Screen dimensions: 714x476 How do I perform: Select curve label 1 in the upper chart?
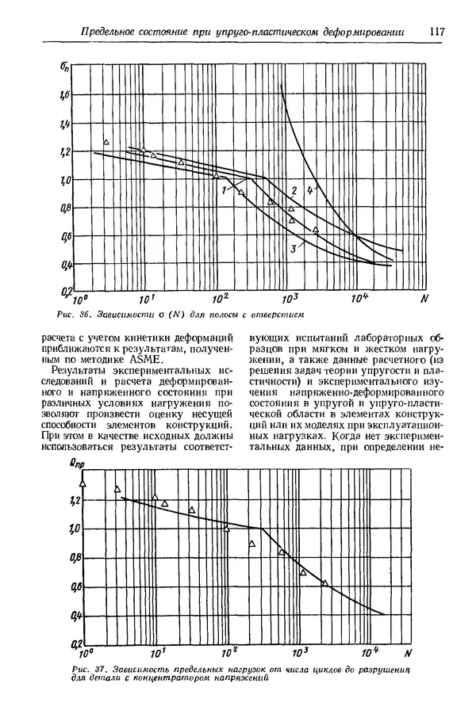tap(225, 190)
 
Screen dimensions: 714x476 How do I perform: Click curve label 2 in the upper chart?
tap(294, 190)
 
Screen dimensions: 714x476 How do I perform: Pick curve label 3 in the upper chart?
tap(293, 250)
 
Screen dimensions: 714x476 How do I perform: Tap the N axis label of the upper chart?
tap(424, 300)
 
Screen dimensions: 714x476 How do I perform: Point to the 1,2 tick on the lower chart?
tap(75, 500)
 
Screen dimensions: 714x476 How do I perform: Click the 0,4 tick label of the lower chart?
tap(75, 615)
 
